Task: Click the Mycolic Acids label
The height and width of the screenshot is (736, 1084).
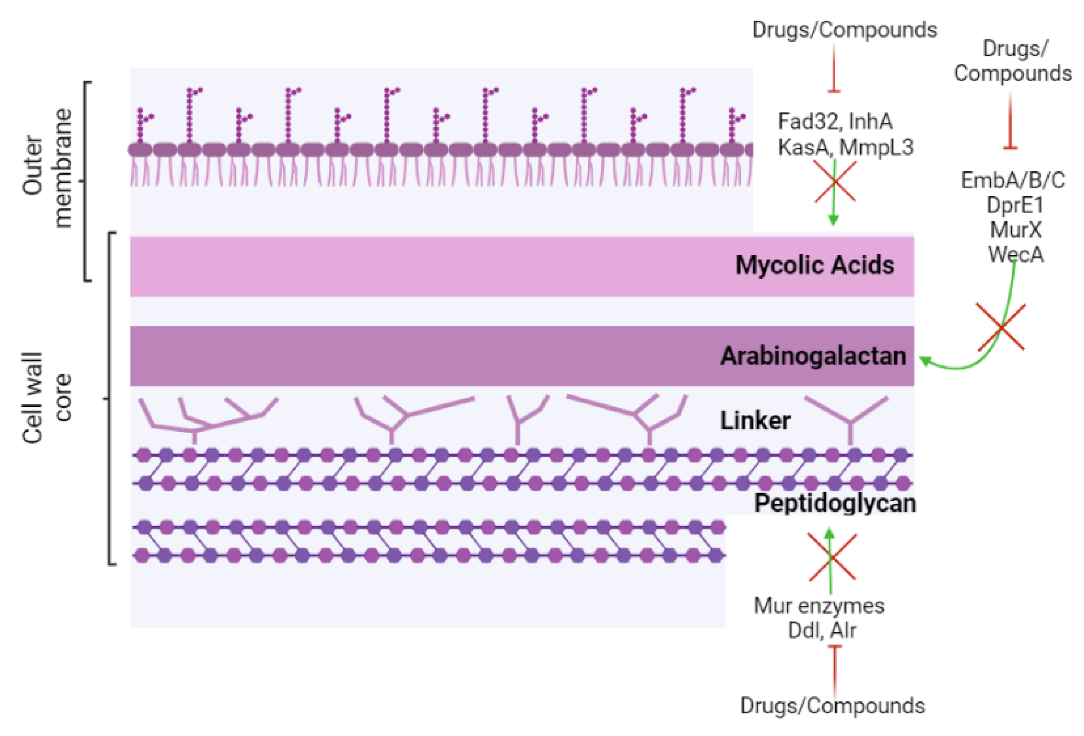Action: (815, 265)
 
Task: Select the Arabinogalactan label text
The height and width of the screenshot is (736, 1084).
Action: (813, 356)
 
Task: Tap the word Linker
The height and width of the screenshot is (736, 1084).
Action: (755, 421)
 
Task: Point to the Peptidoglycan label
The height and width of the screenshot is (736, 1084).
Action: (835, 503)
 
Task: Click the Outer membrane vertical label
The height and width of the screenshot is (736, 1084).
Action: (47, 168)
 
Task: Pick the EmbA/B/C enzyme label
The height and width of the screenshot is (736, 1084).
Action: (1013, 181)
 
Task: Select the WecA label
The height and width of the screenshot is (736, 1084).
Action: (1015, 254)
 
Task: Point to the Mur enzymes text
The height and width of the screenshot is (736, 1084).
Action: (819, 605)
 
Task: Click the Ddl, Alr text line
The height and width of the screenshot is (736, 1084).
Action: (822, 630)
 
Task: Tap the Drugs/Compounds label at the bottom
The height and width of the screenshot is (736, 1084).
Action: (832, 705)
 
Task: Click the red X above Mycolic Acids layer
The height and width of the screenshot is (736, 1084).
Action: (835, 182)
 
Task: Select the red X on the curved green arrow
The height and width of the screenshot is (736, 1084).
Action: (1001, 327)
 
